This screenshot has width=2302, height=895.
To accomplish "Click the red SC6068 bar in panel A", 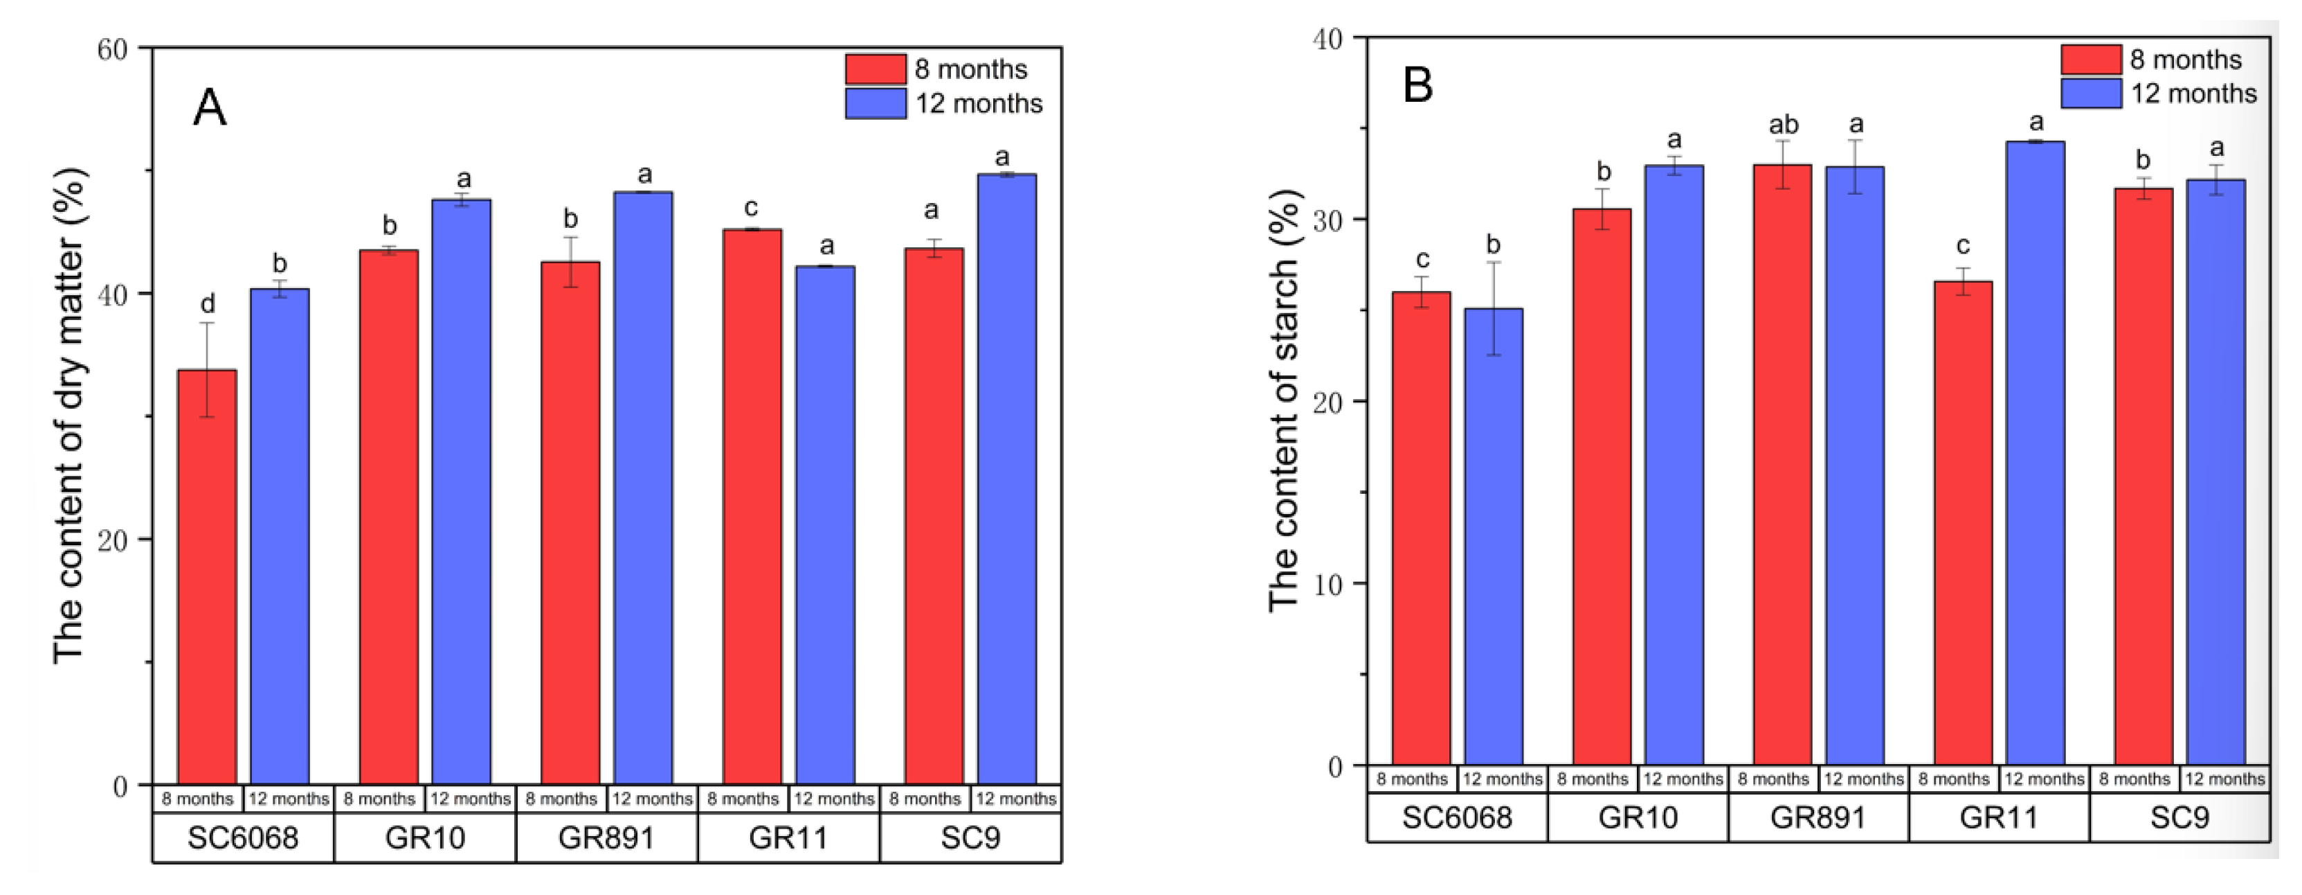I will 206,577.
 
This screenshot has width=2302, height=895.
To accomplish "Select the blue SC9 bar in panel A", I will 1006,479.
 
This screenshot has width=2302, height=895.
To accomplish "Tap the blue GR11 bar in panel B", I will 2035,452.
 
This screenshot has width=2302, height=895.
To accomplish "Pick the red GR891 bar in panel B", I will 1782,464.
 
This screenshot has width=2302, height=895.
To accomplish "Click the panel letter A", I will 210,108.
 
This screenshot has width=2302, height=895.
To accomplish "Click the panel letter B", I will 1418,86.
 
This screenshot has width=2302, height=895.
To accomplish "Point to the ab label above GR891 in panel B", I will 1783,124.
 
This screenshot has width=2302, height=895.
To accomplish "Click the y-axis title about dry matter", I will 70,416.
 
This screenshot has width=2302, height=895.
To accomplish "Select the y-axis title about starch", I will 1284,400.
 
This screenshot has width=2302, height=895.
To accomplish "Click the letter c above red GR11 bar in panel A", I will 751,209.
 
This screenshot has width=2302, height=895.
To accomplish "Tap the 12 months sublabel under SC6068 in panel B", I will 1502,779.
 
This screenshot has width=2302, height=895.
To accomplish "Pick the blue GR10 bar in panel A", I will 461,491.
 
